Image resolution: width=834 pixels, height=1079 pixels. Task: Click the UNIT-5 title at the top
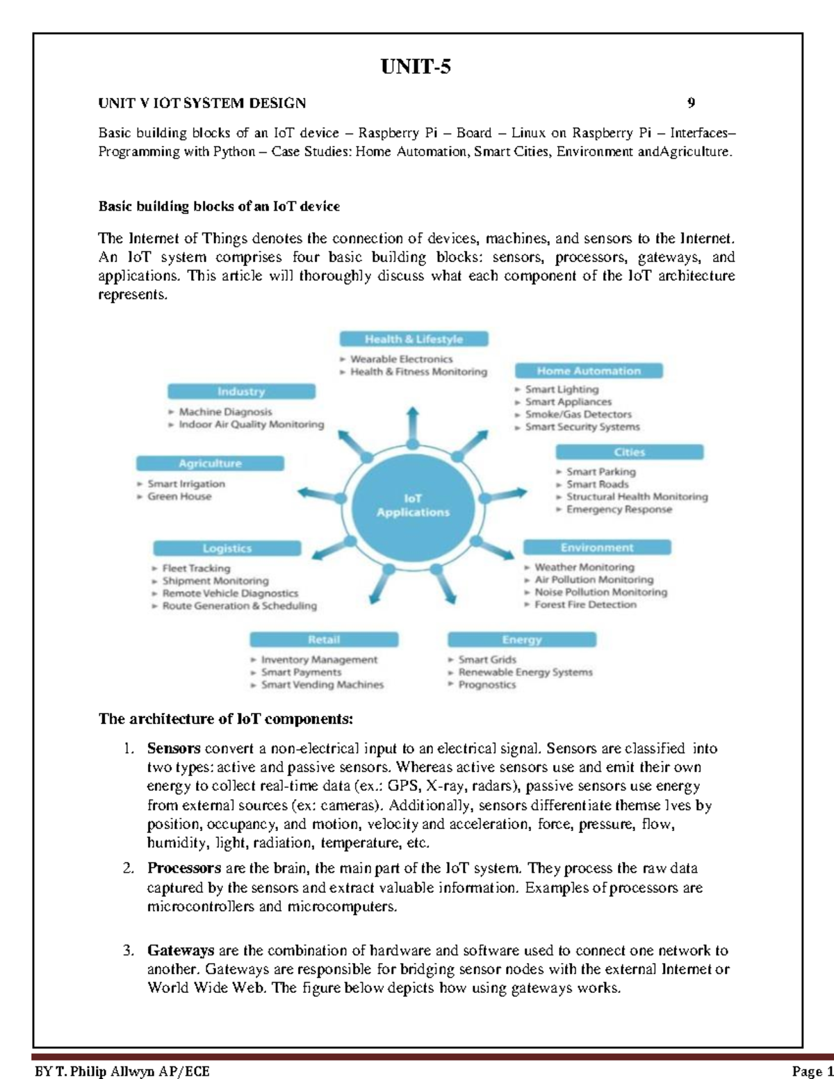click(x=416, y=67)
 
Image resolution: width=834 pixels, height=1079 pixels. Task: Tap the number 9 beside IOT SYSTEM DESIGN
click(x=691, y=104)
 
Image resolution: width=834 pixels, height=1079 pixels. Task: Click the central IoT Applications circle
click(x=413, y=505)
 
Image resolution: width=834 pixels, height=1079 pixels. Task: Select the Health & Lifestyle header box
click(x=414, y=339)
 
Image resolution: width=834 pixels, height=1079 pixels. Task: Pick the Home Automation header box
click(x=588, y=371)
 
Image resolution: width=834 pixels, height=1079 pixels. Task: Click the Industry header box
click(x=240, y=392)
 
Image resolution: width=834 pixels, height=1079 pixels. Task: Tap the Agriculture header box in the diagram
click(x=210, y=463)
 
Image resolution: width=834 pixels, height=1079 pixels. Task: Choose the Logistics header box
click(x=227, y=548)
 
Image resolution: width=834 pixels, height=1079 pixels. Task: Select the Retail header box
click(x=324, y=639)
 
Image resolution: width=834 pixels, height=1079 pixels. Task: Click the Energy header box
click(x=521, y=639)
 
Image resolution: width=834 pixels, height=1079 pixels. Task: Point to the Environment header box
click(x=596, y=547)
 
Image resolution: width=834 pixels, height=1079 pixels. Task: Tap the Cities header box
click(x=629, y=452)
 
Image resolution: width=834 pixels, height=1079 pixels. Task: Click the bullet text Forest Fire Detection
click(x=585, y=604)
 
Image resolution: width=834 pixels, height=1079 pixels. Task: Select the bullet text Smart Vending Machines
click(x=322, y=684)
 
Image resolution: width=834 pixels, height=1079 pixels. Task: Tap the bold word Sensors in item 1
click(x=174, y=748)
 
